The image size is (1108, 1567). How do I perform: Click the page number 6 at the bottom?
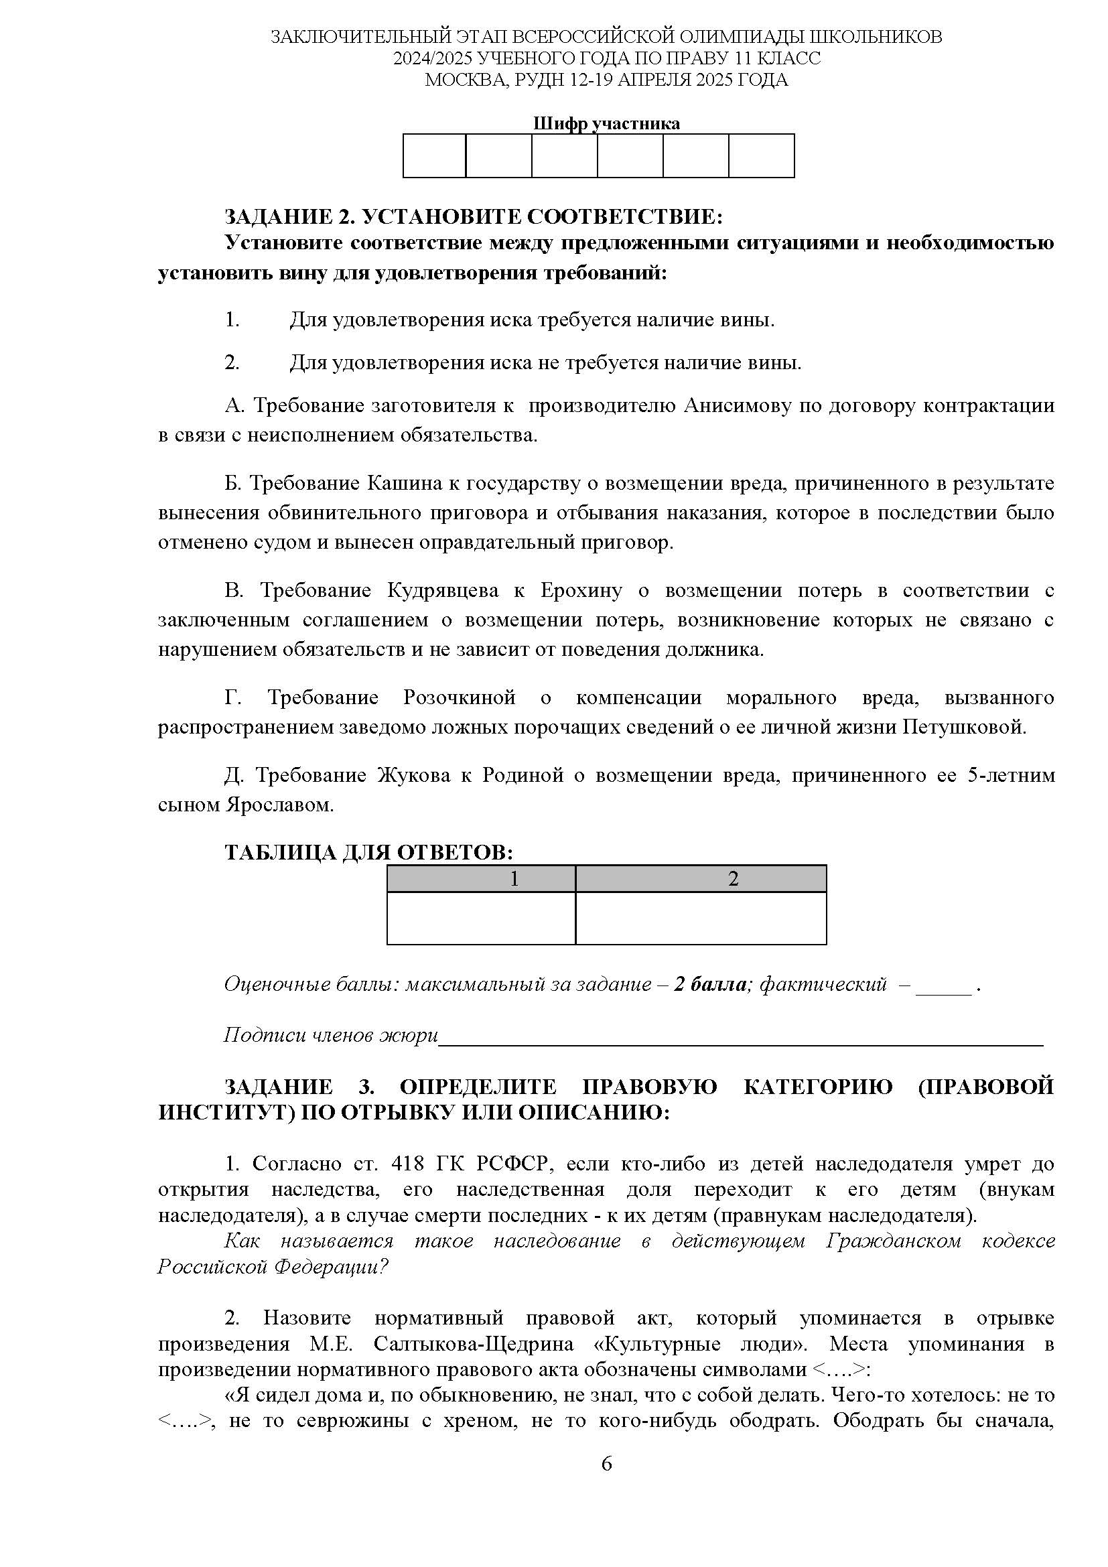606,1464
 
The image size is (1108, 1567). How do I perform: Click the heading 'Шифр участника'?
606,123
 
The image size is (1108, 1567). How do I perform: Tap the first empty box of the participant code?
434,155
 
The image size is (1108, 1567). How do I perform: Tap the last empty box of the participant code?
762,155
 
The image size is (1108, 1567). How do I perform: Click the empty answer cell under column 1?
481,918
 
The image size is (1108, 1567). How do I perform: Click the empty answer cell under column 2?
701,918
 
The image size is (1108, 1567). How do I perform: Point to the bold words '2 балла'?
711,984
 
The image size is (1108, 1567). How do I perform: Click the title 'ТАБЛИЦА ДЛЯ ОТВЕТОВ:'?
368,853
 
